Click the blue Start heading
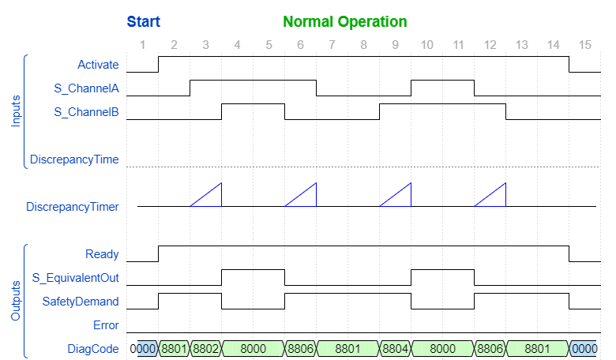(143, 21)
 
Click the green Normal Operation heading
(345, 21)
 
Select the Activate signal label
(98, 65)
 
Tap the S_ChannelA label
(86, 88)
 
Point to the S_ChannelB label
(86, 112)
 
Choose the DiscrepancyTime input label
(74, 159)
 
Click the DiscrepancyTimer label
(72, 207)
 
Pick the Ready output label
(102, 254)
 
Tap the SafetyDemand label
(81, 302)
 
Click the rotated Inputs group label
(16, 111)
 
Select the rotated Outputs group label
(16, 301)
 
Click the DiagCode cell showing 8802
(205, 349)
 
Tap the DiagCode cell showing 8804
(395, 349)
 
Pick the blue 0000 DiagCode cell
(584, 349)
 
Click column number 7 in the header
(332, 45)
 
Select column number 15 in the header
(584, 45)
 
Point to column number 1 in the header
(142, 45)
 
